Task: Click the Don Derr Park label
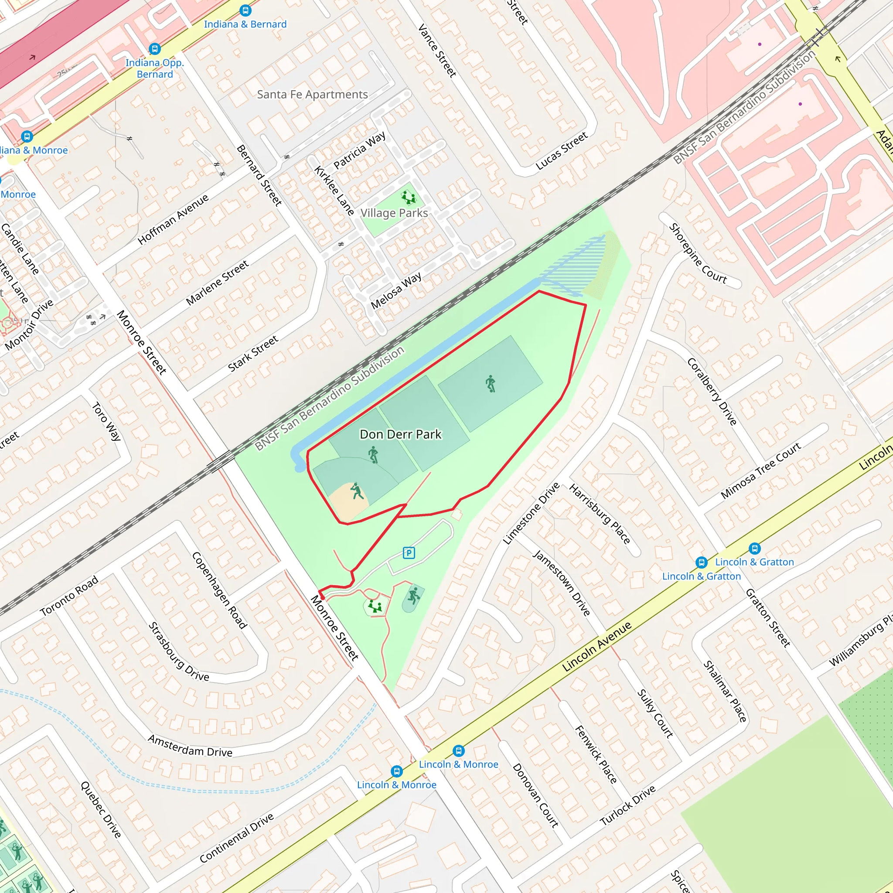[400, 434]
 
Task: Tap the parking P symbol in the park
[409, 552]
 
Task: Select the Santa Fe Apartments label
[313, 94]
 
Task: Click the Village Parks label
[394, 213]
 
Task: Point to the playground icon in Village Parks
[408, 198]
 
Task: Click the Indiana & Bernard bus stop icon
[245, 10]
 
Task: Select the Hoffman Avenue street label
[174, 219]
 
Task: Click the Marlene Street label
[217, 283]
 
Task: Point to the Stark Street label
[253, 354]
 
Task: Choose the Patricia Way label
[360, 150]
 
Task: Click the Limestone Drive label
[532, 513]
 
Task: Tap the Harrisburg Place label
[599, 514]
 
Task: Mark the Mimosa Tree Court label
[761, 470]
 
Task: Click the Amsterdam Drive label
[190, 746]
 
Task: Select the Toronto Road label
[69, 596]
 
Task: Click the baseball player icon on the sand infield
[356, 491]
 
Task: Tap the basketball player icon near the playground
[414, 595]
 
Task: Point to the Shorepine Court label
[698, 254]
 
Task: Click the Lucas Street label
[562, 151]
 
